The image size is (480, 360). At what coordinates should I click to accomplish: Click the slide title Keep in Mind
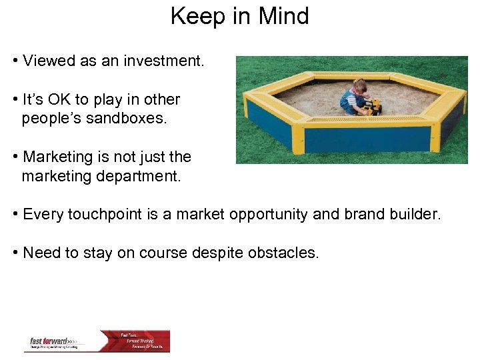(239, 15)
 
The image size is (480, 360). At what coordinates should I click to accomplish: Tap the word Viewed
(47, 61)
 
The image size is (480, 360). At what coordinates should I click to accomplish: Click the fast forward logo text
(50, 341)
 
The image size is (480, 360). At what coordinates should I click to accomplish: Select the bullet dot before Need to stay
(15, 253)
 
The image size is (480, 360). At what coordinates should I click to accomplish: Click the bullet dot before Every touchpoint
(15, 215)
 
